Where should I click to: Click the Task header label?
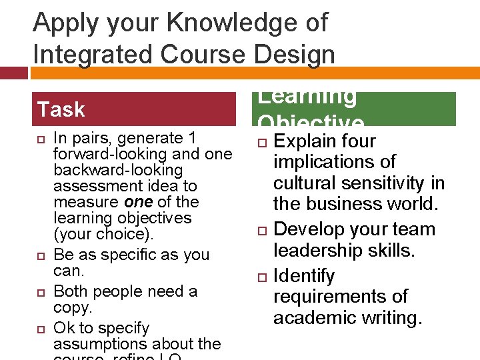(61, 109)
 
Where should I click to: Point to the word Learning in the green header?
(307, 97)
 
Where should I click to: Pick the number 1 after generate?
(192, 138)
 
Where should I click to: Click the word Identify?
(304, 276)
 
